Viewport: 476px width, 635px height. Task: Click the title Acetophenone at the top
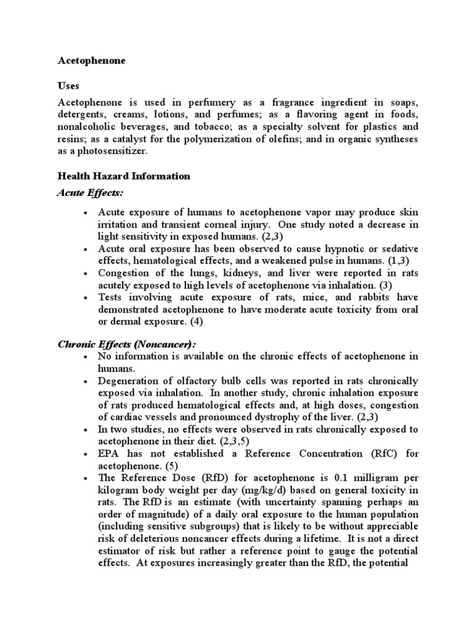[91, 61]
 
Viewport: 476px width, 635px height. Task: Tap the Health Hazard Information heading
[124, 176]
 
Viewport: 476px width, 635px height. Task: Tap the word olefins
[281, 139]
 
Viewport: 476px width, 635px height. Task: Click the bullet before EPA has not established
[84, 454]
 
